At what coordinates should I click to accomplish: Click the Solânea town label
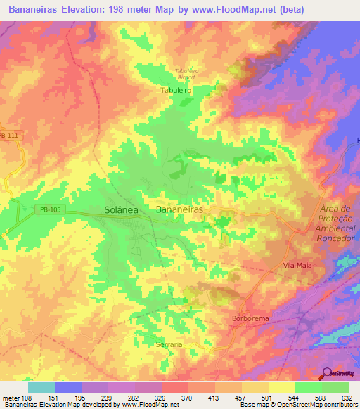121,210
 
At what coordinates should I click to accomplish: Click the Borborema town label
250,318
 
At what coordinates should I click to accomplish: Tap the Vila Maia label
297,265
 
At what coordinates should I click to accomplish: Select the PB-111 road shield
10,136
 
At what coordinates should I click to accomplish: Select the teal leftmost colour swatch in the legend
41,387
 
